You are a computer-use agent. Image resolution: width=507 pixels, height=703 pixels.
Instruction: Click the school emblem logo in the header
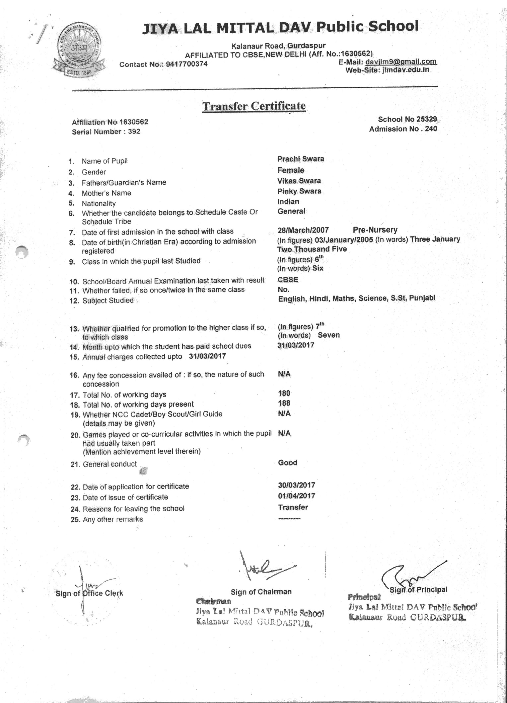(x=79, y=54)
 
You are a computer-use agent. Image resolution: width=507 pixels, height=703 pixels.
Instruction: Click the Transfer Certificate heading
(x=254, y=106)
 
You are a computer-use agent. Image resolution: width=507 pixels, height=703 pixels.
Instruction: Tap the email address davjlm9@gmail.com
(x=401, y=61)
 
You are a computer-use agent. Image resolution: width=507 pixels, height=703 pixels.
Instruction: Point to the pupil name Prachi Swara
(x=300, y=159)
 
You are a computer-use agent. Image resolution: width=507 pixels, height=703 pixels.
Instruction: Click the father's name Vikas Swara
(x=299, y=181)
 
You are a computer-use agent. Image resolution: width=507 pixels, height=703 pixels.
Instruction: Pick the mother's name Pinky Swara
(x=299, y=191)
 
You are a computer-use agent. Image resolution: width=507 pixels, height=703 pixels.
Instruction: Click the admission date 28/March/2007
(x=303, y=230)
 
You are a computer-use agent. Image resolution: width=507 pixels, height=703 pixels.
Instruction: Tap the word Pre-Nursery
(x=375, y=230)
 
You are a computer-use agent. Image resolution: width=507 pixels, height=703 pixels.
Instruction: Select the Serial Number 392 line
(x=106, y=132)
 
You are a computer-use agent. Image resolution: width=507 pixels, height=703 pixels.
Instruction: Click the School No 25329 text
(x=407, y=119)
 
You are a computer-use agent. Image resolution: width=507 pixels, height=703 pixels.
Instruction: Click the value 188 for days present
(x=284, y=403)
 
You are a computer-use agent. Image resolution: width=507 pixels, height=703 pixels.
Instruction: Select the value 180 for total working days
(x=284, y=393)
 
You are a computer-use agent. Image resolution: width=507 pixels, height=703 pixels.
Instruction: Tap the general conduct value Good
(x=287, y=462)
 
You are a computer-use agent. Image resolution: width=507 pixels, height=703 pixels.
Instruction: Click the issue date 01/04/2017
(x=296, y=496)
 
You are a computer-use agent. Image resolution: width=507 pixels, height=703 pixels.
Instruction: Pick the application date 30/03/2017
(x=296, y=485)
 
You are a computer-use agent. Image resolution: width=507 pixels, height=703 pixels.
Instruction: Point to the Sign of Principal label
(x=418, y=590)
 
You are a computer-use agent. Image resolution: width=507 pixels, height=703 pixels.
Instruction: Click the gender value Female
(x=291, y=170)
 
